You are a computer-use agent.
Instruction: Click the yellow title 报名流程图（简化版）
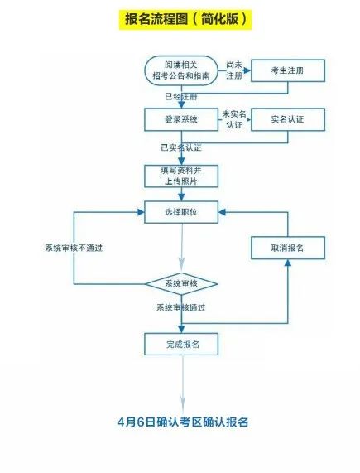click(x=185, y=20)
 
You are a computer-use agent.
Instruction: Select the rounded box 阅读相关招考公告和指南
click(x=181, y=70)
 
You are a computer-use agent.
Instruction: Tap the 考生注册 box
click(x=288, y=70)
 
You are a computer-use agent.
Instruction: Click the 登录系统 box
click(x=181, y=119)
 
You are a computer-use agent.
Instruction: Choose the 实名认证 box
click(x=288, y=119)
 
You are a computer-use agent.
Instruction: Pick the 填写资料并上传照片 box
click(x=181, y=176)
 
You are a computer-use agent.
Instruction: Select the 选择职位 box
click(x=181, y=212)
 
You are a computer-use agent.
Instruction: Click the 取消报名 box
click(x=288, y=248)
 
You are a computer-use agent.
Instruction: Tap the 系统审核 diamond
click(x=181, y=284)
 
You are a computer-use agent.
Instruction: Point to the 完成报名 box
click(x=181, y=345)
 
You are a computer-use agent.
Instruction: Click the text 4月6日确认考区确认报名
click(x=183, y=422)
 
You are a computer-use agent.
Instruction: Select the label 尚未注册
click(x=234, y=70)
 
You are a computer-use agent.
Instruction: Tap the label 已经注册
click(x=181, y=97)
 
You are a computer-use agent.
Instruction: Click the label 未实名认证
click(x=234, y=119)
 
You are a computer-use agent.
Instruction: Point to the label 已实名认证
click(x=180, y=147)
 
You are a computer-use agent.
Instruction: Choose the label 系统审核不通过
click(x=74, y=248)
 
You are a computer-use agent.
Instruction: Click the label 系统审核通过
click(x=180, y=307)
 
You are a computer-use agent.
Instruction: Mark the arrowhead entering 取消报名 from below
click(x=288, y=263)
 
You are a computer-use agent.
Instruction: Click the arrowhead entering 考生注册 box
click(x=247, y=70)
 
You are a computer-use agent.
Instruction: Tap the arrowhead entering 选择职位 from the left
click(x=141, y=212)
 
